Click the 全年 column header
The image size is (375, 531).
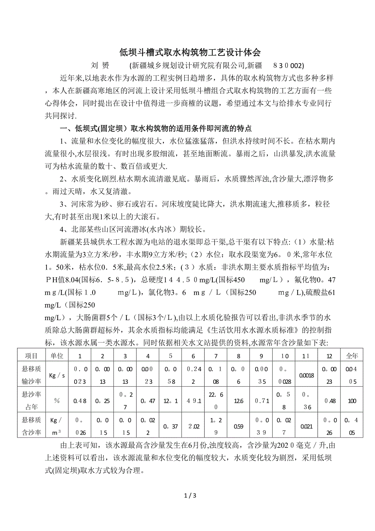pos(352,356)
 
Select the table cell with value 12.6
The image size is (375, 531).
pos(239,401)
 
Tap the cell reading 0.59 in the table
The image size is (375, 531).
pos(239,426)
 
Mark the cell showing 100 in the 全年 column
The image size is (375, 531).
pos(352,401)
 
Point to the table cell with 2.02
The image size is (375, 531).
pos(193,426)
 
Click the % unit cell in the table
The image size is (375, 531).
pos(57,401)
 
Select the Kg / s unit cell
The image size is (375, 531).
pos(57,375)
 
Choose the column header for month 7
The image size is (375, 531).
pos(216,356)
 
